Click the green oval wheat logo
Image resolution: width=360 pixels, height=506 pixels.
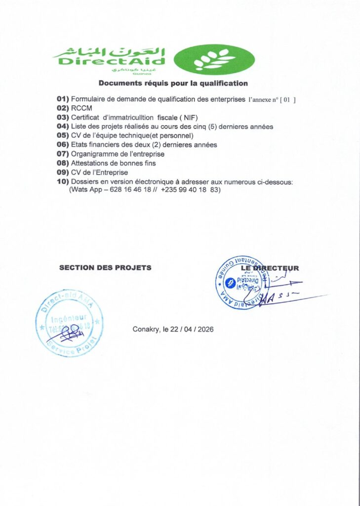click(215, 60)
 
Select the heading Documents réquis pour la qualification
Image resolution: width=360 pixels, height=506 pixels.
click(173, 83)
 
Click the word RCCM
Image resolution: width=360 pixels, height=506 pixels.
click(81, 108)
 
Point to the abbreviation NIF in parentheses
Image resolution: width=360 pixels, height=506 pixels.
click(188, 118)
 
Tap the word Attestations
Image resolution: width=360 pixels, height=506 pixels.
click(91, 163)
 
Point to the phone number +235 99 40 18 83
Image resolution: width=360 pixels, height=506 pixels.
click(190, 190)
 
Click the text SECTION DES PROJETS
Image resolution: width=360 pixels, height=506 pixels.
click(105, 268)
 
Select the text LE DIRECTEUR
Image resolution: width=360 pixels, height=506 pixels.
click(270, 268)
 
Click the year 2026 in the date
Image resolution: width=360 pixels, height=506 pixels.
click(205, 330)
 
